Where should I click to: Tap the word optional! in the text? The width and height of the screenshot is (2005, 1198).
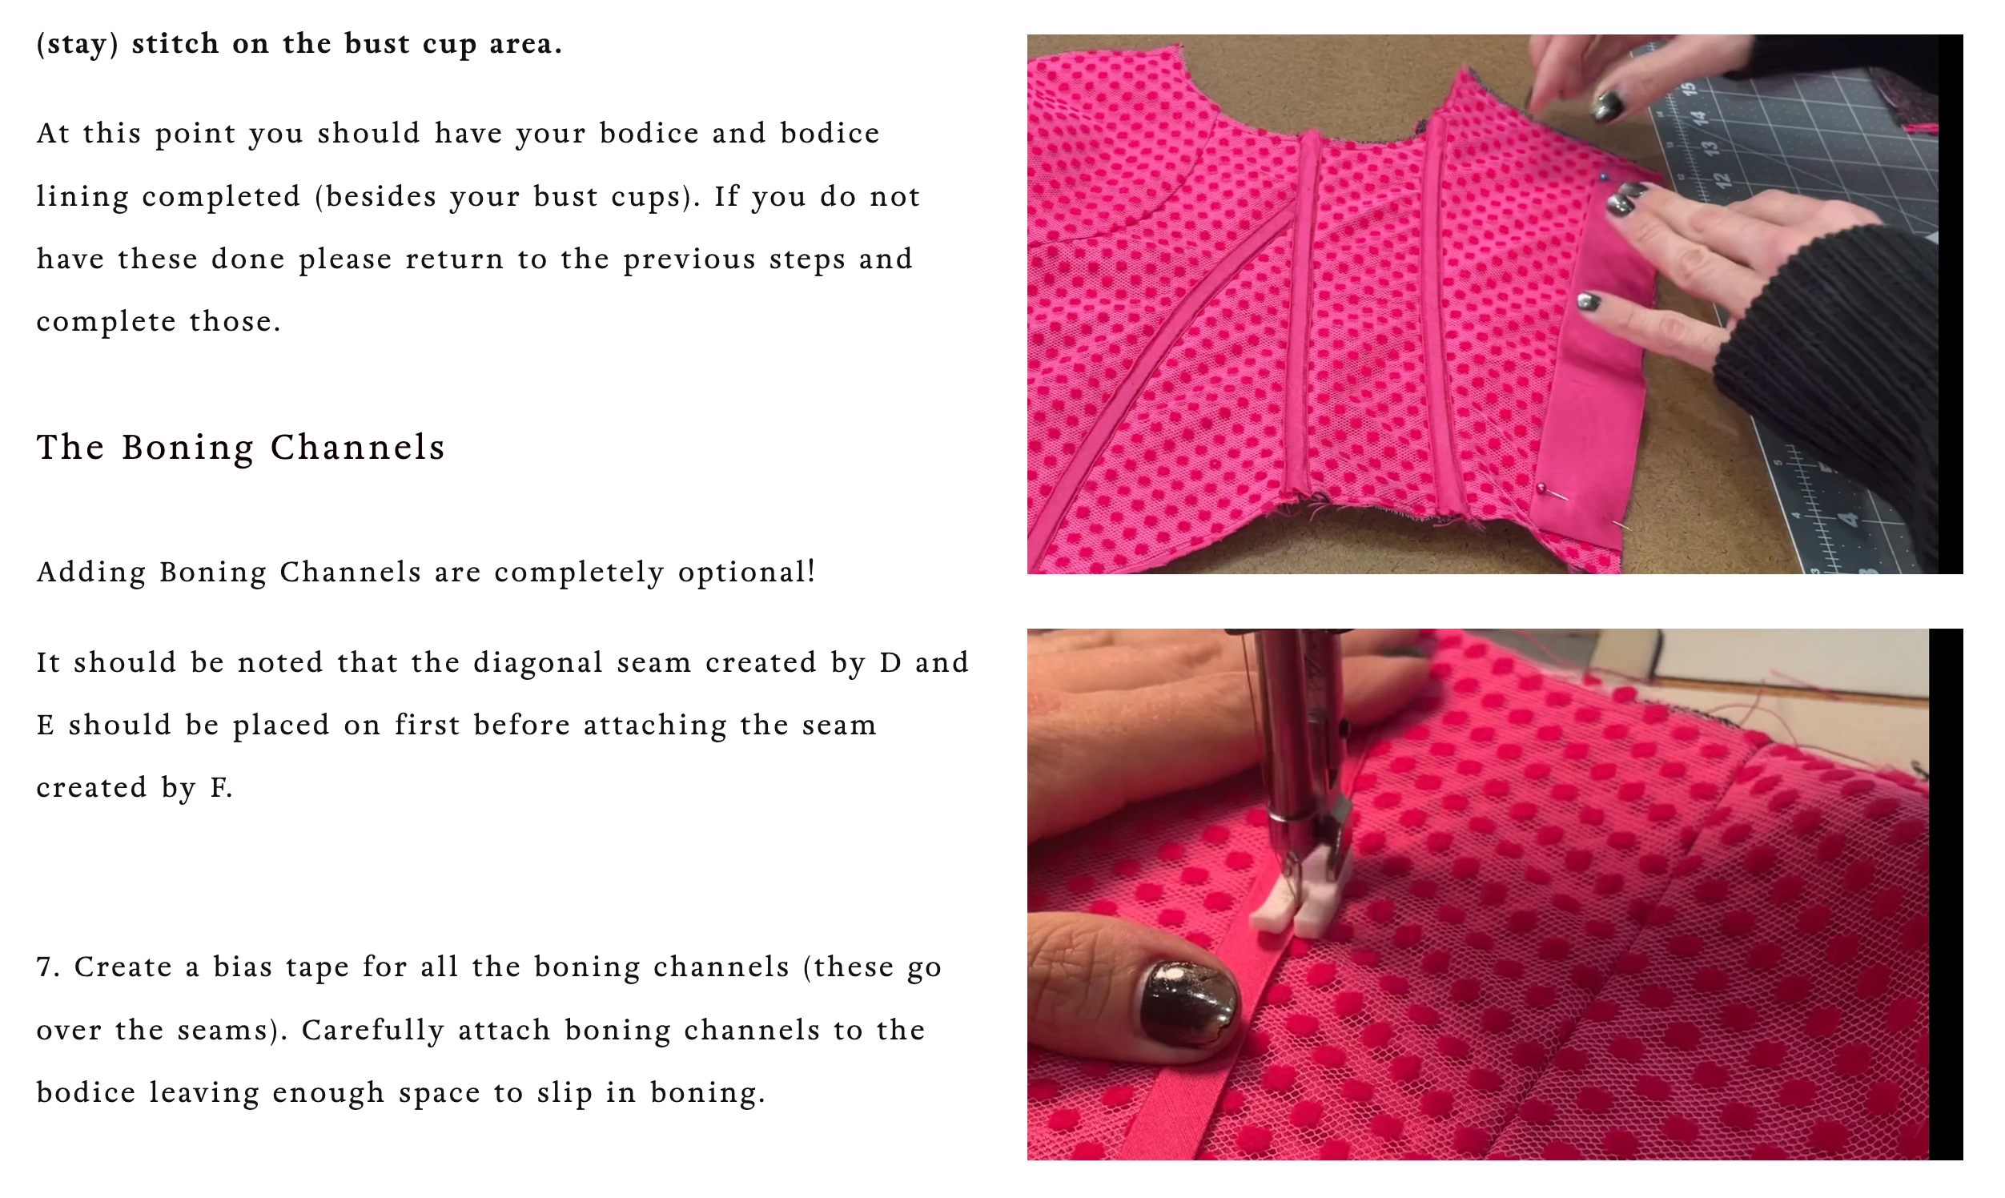pos(746,572)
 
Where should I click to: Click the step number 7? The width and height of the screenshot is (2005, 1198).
pos(47,967)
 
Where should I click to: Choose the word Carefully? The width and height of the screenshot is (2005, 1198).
pos(372,1030)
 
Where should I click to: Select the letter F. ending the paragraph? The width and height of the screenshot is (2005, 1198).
pos(221,788)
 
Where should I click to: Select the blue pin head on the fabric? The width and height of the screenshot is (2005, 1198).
pos(1604,178)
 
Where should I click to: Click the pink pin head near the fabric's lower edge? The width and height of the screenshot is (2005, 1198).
pos(1541,488)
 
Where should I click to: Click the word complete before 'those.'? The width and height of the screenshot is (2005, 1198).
pos(106,322)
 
